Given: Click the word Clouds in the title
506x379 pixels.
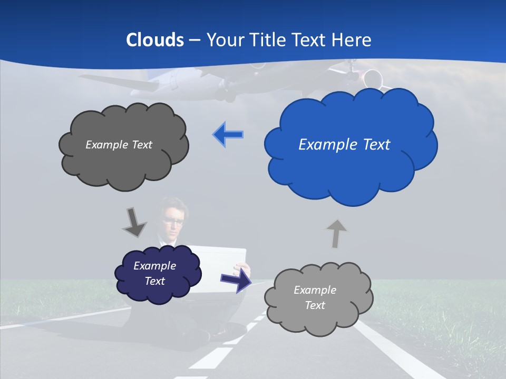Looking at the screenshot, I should tap(155, 40).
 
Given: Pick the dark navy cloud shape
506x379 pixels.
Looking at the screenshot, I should tap(158, 292).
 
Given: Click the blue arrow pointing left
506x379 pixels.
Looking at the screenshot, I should tap(228, 135).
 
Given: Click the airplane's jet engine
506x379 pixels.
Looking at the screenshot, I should tap(373, 78).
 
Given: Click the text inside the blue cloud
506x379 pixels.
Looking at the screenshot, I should tap(344, 145).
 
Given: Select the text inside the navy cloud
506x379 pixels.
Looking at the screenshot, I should tap(154, 273).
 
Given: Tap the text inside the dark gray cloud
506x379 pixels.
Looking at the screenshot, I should tap(119, 145).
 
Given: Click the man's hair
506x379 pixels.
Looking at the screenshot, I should tap(172, 203).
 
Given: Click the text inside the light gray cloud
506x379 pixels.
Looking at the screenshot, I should tap(315, 297).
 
